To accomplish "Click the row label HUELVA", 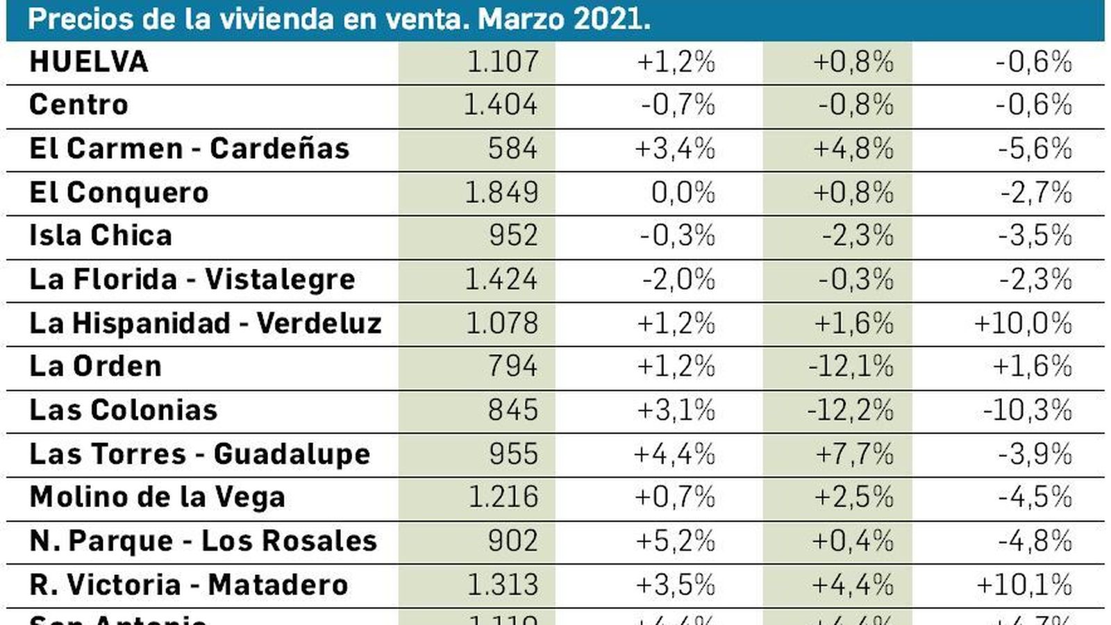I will click(x=88, y=62).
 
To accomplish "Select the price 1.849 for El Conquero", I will click(x=501, y=192).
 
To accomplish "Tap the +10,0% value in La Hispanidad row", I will click(x=1023, y=324).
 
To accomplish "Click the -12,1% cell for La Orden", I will click(x=851, y=367).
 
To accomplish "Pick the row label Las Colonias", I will click(x=123, y=410).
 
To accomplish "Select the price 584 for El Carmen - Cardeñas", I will click(x=512, y=149).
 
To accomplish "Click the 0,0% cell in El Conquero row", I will click(x=683, y=192).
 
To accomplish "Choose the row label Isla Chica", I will click(x=101, y=235).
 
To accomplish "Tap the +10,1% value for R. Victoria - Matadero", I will click(x=1024, y=585).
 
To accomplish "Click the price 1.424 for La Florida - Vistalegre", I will click(x=501, y=280).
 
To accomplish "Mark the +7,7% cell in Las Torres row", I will click(x=854, y=454).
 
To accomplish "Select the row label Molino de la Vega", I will click(x=157, y=497).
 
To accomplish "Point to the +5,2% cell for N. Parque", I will click(x=675, y=541).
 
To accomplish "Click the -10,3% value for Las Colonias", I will click(x=1027, y=410).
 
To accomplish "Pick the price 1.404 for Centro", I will click(x=500, y=105).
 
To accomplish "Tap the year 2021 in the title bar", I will click(x=611, y=19).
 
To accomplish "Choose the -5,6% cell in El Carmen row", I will click(x=1035, y=149).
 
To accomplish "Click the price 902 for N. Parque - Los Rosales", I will click(x=512, y=541).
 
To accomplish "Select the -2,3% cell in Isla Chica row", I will click(x=858, y=236).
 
